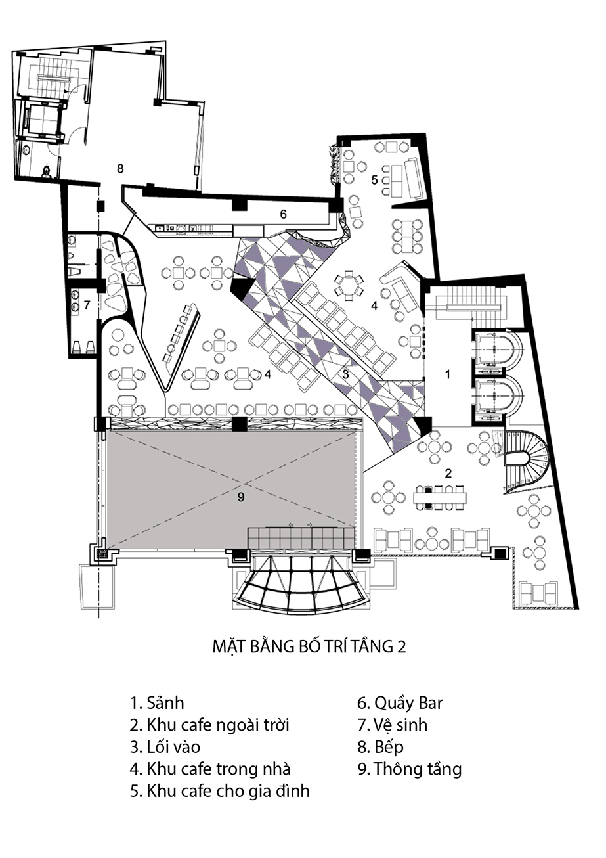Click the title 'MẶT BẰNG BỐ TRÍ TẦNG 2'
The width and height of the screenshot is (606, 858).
(x=309, y=646)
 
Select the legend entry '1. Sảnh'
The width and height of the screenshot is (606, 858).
(x=158, y=703)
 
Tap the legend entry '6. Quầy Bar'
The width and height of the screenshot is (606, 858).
(x=400, y=704)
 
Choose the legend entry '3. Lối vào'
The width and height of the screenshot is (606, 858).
(x=165, y=747)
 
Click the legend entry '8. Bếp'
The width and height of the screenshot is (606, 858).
(x=381, y=748)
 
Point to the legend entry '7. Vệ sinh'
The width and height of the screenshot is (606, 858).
(x=393, y=725)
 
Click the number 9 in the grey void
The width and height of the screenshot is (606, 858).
(x=240, y=497)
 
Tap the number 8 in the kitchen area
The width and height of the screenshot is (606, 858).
(x=120, y=169)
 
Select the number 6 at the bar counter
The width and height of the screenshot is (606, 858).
(x=283, y=214)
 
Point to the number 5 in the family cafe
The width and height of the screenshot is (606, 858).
(x=374, y=179)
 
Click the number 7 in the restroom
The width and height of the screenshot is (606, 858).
(x=87, y=305)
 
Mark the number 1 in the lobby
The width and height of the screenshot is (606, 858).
(x=448, y=374)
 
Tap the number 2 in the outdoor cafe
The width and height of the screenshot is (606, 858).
(x=448, y=474)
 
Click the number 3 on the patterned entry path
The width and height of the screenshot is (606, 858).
(x=345, y=374)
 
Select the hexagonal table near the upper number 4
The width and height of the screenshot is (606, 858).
(x=348, y=285)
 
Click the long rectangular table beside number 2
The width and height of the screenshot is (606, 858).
(x=441, y=497)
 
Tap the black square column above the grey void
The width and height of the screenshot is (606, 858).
(x=240, y=424)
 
